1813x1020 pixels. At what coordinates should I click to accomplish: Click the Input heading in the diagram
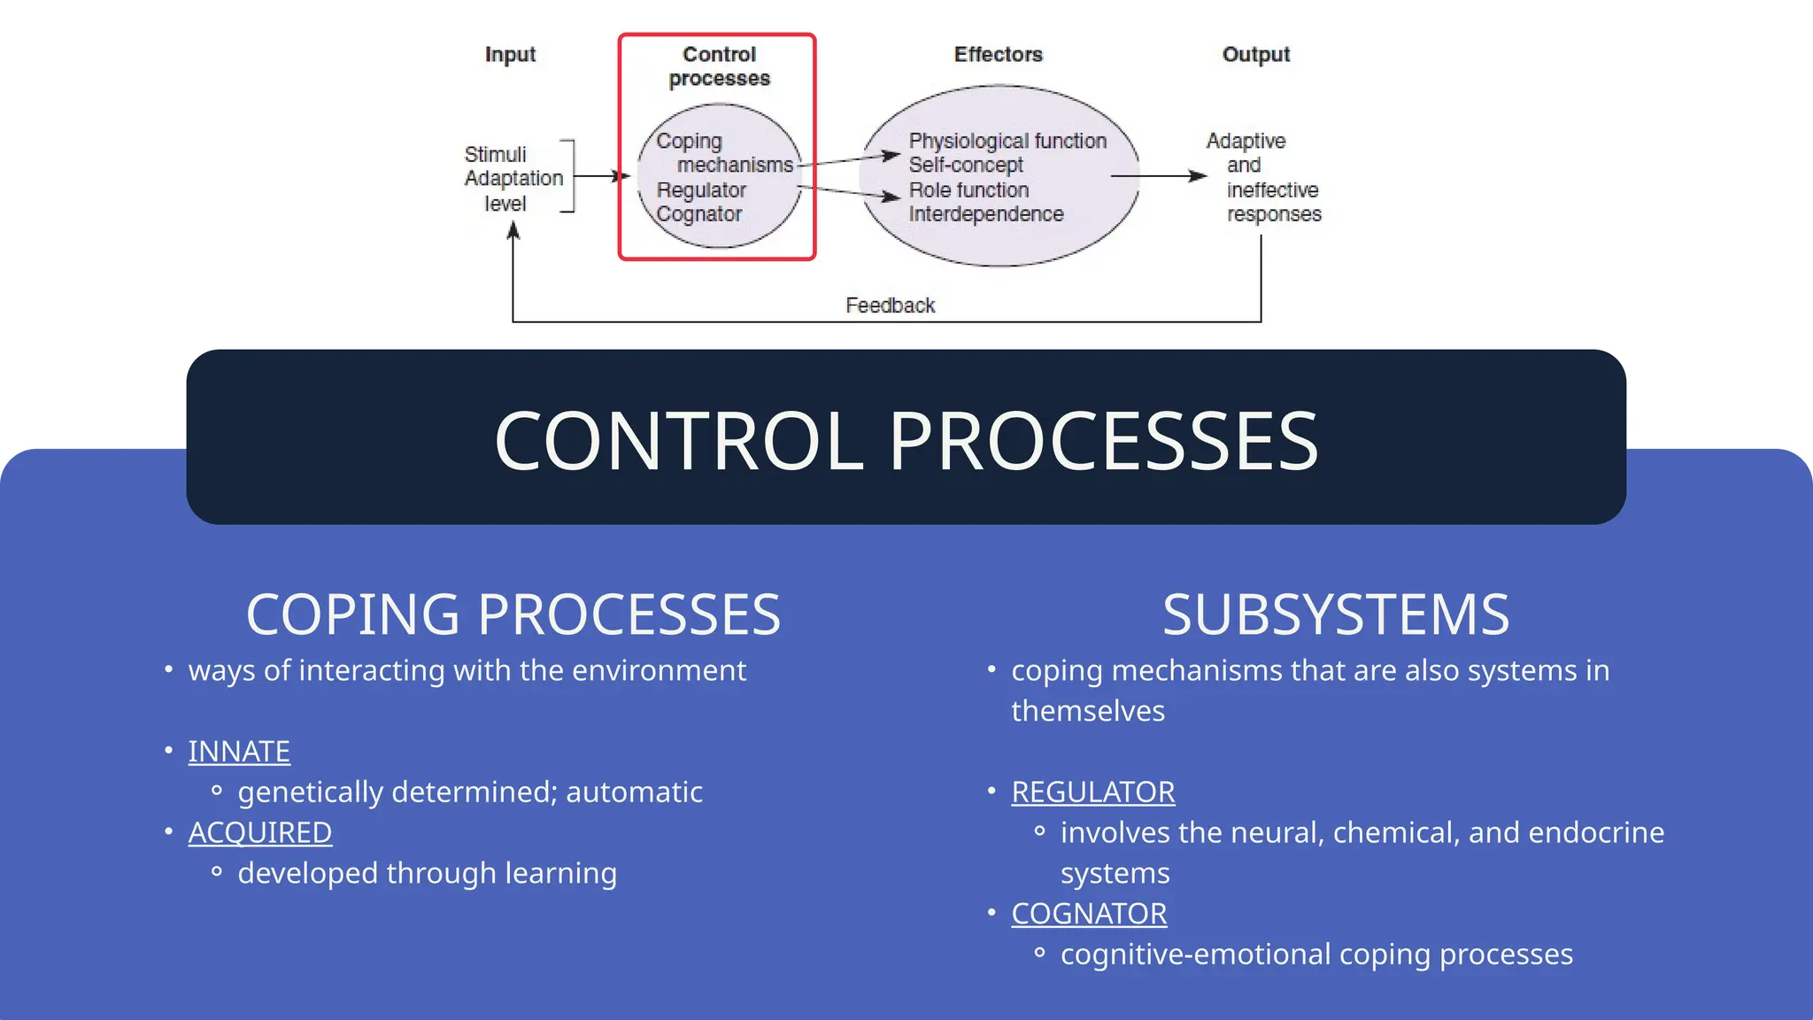tap(510, 55)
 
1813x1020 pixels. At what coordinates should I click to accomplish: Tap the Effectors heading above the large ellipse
tap(998, 55)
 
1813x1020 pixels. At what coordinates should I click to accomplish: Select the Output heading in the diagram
tap(1255, 55)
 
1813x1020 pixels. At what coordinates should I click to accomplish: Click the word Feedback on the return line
tap(890, 305)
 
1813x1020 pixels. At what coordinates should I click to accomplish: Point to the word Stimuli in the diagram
tap(495, 154)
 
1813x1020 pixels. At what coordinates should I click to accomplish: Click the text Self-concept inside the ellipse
tap(966, 166)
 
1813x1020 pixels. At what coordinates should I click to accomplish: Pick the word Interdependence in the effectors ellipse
tap(985, 214)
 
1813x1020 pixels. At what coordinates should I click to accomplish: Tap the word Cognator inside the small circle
tap(698, 214)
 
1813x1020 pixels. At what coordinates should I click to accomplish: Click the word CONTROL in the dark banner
tap(679, 441)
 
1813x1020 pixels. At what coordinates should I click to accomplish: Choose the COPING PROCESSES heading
tap(513, 614)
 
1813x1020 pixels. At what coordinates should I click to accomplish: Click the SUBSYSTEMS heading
tap(1335, 614)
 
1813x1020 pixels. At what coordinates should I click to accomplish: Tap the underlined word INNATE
tap(239, 752)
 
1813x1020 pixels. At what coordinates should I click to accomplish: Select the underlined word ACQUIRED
tap(260, 833)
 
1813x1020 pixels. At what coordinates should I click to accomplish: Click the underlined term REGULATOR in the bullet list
tap(1093, 792)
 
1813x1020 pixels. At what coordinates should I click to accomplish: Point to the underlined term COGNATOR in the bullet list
tap(1089, 914)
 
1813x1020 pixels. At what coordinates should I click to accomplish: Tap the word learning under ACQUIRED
tap(560, 874)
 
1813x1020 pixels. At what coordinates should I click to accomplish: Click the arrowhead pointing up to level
tap(513, 231)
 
